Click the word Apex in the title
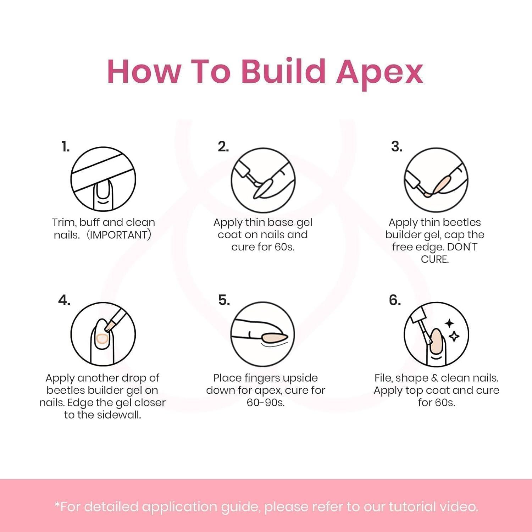(379, 73)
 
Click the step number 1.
(66, 146)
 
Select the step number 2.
(223, 146)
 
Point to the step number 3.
(397, 146)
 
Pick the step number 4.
(64, 300)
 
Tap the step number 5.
(224, 300)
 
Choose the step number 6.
(395, 300)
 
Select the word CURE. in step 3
(435, 259)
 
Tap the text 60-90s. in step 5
(266, 403)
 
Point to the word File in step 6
(383, 378)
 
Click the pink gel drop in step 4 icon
(102, 339)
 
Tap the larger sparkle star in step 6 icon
(450, 323)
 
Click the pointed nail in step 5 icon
(275, 336)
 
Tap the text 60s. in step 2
(284, 247)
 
